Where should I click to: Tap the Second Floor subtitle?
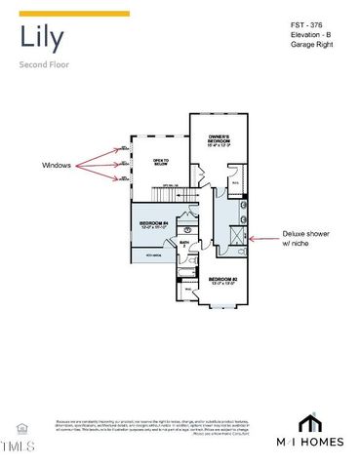pyautogui.click(x=43, y=65)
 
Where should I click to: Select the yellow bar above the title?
pyautogui.click(x=74, y=14)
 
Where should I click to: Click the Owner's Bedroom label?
pyautogui.click(x=218, y=140)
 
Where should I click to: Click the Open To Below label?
pyautogui.click(x=161, y=162)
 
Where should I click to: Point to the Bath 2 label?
pyautogui.click(x=183, y=245)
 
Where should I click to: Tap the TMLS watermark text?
pyautogui.click(x=18, y=448)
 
